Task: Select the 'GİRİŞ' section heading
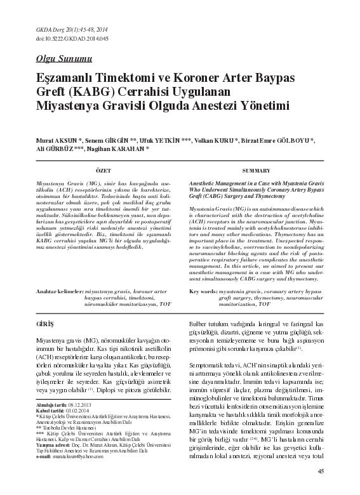pyautogui.click(x=46, y=324)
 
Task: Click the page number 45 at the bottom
pyautogui.click(x=321, y=471)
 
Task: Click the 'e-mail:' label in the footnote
pyautogui.click(x=44, y=456)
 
